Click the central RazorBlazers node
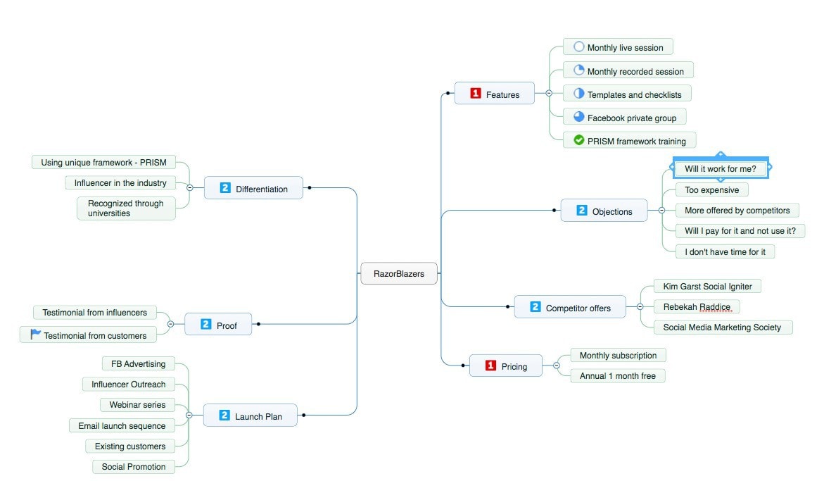tap(398, 273)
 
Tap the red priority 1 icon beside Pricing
tap(490, 366)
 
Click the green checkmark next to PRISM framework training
tap(579, 140)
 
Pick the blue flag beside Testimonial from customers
tap(35, 335)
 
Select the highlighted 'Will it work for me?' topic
tap(720, 168)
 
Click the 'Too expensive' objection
tap(711, 189)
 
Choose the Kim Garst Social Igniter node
tap(707, 286)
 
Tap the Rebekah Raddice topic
tap(697, 306)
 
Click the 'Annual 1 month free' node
tap(617, 375)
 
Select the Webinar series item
tap(137, 404)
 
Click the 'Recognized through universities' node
tap(126, 208)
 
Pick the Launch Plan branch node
tap(251, 416)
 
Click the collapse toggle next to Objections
tap(661, 210)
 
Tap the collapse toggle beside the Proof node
tap(170, 324)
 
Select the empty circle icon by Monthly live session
tap(579, 46)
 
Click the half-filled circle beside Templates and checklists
tap(579, 93)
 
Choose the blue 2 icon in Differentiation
tap(225, 188)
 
